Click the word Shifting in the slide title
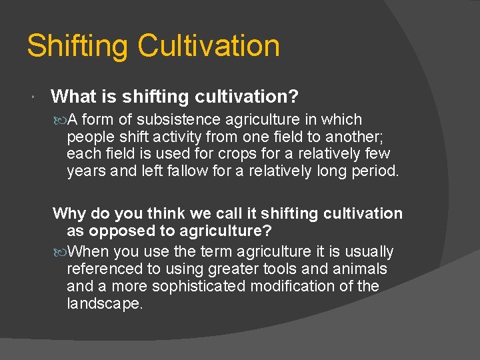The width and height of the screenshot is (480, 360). point(77,47)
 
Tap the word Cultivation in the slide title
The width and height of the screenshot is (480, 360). point(209,47)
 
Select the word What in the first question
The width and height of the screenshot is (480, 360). point(74,97)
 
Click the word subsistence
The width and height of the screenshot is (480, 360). point(178,120)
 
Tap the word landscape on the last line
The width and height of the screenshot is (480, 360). point(105,303)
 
